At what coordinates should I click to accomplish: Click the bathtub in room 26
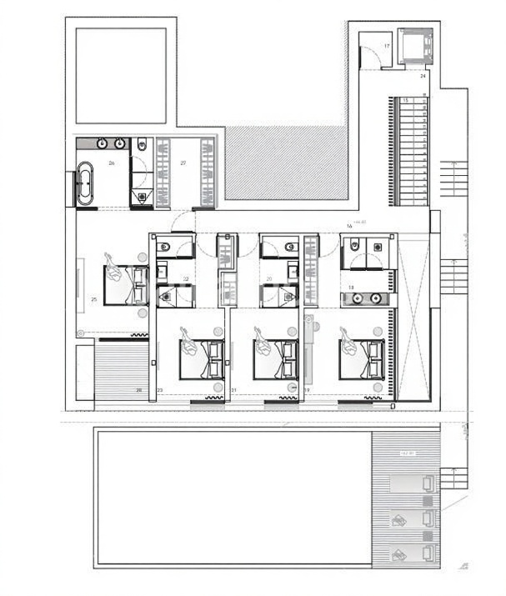(86, 183)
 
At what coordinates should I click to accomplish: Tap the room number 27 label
(184, 164)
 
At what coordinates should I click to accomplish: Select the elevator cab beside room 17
(413, 47)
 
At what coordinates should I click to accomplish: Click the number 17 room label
(387, 46)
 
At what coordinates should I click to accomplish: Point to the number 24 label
(423, 76)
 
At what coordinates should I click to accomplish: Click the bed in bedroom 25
(125, 284)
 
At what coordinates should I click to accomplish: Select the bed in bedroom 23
(203, 358)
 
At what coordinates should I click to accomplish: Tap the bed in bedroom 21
(276, 358)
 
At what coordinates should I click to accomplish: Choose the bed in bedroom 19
(362, 358)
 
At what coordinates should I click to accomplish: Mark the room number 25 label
(94, 298)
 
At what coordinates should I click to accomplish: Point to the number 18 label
(352, 288)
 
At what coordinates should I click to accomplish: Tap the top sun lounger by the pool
(414, 483)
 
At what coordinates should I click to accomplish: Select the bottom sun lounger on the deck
(414, 552)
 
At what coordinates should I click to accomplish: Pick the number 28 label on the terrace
(139, 389)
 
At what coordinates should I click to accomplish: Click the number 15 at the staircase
(406, 100)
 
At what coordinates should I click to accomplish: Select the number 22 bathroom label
(186, 278)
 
